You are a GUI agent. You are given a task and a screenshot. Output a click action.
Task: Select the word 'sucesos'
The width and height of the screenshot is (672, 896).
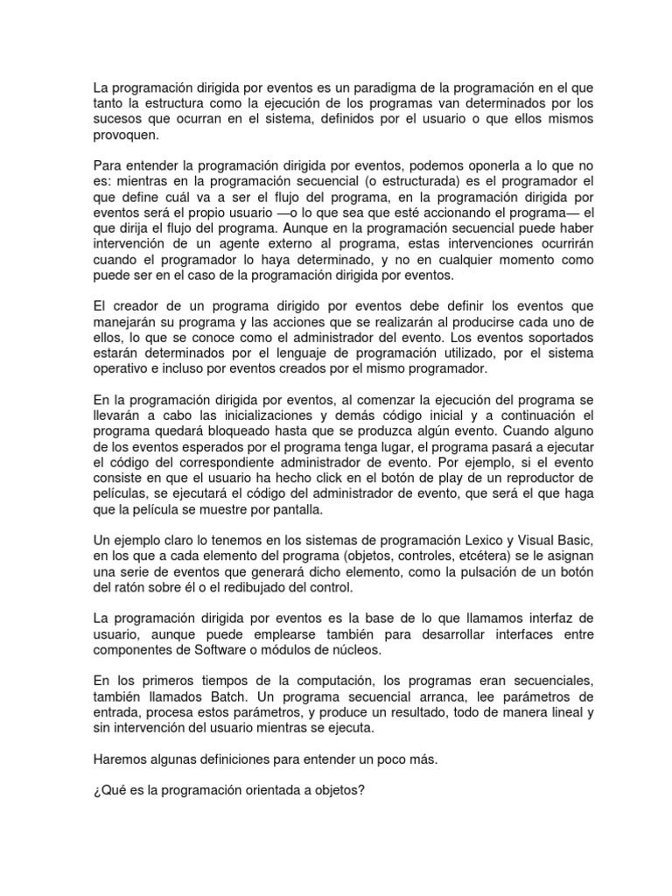115,120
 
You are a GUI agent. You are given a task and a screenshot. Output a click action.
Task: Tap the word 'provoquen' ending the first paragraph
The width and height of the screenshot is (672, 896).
124,136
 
